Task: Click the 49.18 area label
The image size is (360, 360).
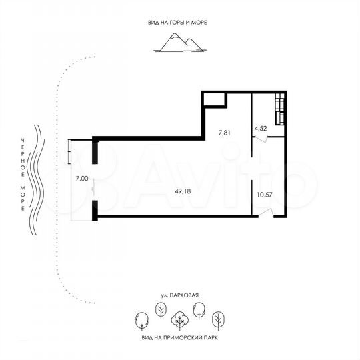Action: [179, 190]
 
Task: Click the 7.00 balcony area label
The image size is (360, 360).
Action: [81, 178]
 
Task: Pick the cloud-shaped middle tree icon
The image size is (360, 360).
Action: [179, 321]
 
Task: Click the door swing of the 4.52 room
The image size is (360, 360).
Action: [262, 139]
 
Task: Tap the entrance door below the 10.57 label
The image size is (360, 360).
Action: [265, 213]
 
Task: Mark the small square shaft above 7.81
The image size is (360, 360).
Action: [214, 99]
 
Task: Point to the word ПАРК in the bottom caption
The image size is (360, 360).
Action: [210, 338]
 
